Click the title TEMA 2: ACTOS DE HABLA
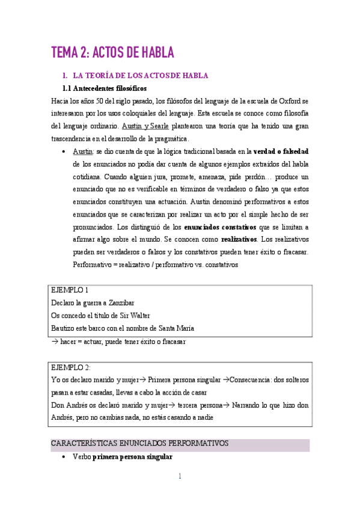coord(112,53)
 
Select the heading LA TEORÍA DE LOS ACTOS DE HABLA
coord(139,76)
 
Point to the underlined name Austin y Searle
coord(145,126)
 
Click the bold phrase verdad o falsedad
coord(281,151)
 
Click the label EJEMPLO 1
coord(70,290)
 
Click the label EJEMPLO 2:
coord(71,367)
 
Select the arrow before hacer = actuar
coord(54,342)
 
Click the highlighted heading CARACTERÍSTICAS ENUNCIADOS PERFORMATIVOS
coord(139,443)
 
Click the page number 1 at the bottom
coord(180,476)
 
